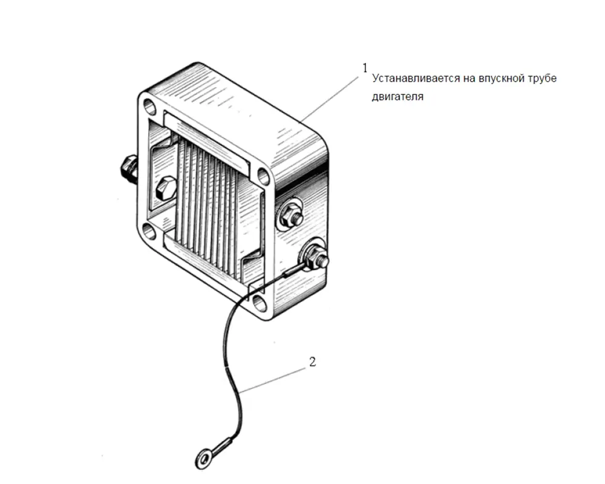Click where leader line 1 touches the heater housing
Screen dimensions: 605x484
click(x=301, y=121)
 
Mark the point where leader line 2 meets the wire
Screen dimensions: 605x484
click(x=240, y=392)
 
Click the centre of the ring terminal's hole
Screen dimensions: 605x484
click(x=203, y=459)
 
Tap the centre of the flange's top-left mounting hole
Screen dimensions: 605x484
click(x=149, y=105)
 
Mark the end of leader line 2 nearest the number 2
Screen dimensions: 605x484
click(x=305, y=368)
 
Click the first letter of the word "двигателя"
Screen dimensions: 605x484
click(x=375, y=96)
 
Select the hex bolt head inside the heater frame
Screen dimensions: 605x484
click(x=166, y=188)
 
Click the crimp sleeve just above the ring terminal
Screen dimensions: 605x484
click(x=221, y=445)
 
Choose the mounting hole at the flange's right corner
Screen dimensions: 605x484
click(x=264, y=175)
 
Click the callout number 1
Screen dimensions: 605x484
click(x=365, y=68)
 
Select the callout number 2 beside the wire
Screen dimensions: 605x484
click(x=313, y=362)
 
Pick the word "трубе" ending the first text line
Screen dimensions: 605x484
click(x=543, y=79)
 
